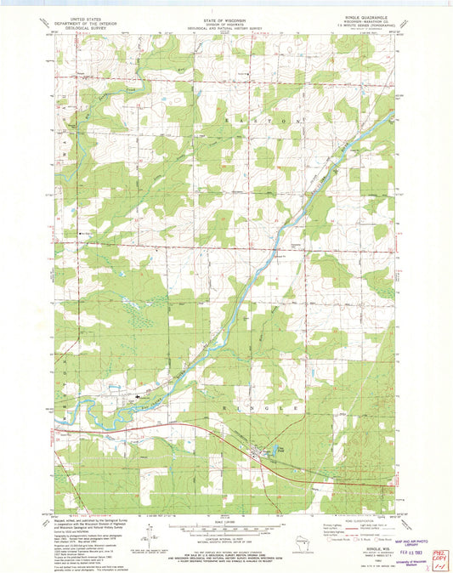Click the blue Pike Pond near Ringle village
pyautogui.click(x=275, y=451)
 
